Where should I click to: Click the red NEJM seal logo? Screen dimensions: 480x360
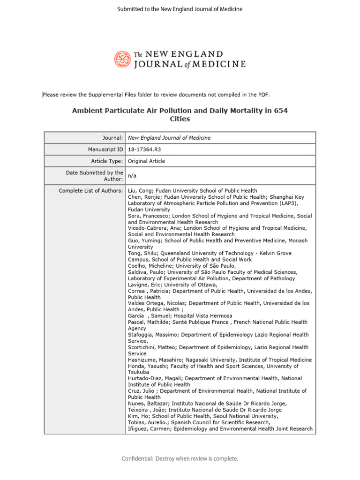[x=123, y=59]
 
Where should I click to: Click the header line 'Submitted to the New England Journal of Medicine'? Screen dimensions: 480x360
[x=180, y=9]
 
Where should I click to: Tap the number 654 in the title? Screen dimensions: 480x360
[x=279, y=111]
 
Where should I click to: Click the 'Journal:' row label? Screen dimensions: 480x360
[x=112, y=138]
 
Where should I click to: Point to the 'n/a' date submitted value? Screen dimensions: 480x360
[x=133, y=176]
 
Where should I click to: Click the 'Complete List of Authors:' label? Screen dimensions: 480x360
[x=91, y=190]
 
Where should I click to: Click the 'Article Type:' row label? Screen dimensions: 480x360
[x=107, y=161]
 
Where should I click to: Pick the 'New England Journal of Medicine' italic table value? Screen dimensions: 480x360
[x=169, y=138]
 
